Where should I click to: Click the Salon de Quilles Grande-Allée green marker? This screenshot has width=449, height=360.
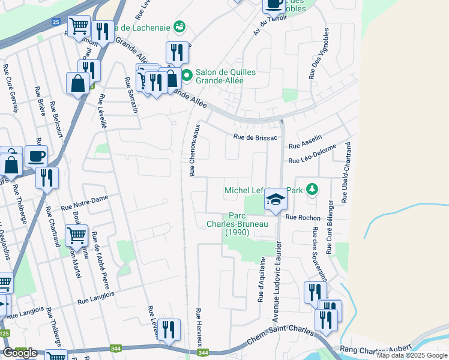(187, 76)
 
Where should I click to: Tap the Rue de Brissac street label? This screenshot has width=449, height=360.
(255, 137)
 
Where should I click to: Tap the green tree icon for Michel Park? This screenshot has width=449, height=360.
(312, 190)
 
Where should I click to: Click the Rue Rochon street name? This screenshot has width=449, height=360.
(303, 217)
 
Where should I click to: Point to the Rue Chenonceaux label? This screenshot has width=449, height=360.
(194, 150)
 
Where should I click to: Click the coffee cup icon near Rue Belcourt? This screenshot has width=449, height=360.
(36, 156)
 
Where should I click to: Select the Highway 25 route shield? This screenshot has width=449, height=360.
(56, 22)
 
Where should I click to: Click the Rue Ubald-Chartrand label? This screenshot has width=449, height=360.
(346, 172)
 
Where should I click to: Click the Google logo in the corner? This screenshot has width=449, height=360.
(19, 352)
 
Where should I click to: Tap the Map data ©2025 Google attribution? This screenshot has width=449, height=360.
(411, 355)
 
